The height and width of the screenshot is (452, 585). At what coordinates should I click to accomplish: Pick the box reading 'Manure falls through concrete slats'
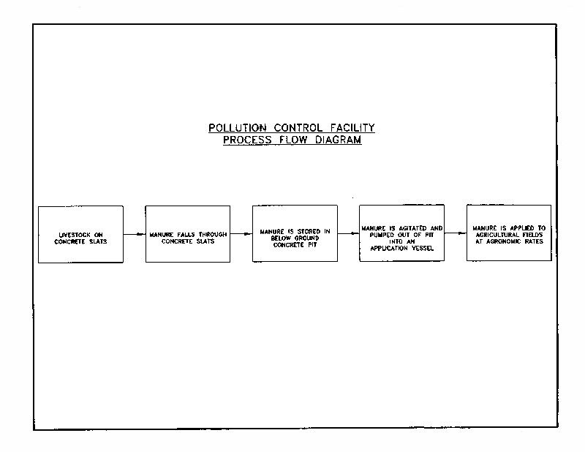pyautogui.click(x=188, y=234)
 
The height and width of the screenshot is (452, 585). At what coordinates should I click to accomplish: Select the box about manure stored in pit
pyautogui.click(x=295, y=233)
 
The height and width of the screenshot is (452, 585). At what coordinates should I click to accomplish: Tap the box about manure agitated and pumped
pyautogui.click(x=401, y=233)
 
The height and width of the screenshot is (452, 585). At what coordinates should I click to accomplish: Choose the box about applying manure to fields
pyautogui.click(x=509, y=233)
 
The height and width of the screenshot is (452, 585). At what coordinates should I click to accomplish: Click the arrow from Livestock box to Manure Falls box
pyautogui.click(x=135, y=235)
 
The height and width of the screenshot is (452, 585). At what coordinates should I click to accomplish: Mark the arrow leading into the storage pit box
pyautogui.click(x=241, y=235)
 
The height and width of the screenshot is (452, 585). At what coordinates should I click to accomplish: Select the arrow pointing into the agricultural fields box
pyautogui.click(x=456, y=233)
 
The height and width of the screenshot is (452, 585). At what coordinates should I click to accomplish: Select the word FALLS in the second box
pyautogui.click(x=186, y=235)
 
